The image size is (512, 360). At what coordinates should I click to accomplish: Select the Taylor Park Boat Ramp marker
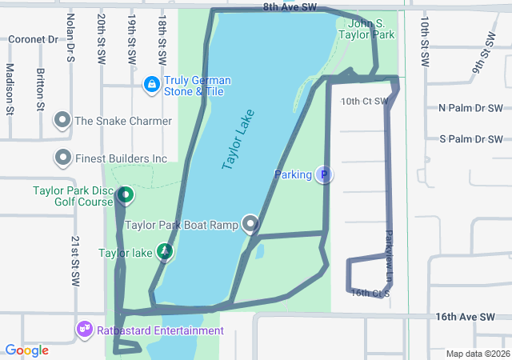point(252,225)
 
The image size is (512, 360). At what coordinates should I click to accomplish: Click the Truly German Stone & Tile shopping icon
point(151,84)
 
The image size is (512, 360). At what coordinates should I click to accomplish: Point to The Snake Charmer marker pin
point(62,121)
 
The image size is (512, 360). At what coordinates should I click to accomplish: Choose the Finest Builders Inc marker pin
point(62,158)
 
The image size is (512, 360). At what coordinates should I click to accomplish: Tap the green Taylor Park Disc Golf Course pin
point(125,194)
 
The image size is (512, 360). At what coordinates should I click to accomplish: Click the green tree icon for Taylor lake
point(164,253)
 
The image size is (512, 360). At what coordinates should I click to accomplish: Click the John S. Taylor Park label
point(366,30)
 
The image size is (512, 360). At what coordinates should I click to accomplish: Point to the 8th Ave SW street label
point(290,6)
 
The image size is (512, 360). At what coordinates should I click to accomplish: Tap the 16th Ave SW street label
point(465,317)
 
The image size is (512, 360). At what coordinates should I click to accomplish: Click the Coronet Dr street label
point(34,38)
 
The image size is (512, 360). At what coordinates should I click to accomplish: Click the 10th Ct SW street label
point(364,102)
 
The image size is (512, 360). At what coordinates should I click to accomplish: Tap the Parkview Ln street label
point(390,256)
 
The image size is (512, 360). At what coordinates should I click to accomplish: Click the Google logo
point(26,350)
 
